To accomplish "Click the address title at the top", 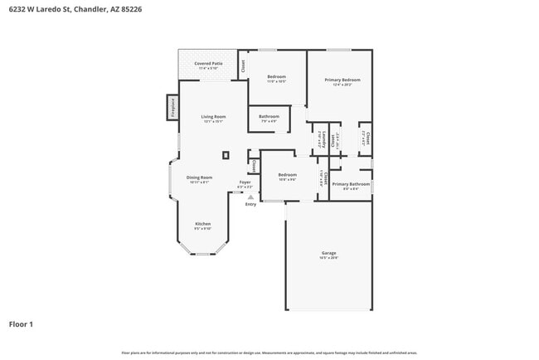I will pyautogui.click(x=65, y=9).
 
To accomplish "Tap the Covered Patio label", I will pyautogui.click(x=208, y=65).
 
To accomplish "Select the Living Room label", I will pyautogui.click(x=213, y=118).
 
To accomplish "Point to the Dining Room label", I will pyautogui.click(x=199, y=178).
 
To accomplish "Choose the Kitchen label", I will pyautogui.click(x=203, y=225).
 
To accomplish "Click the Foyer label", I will pyautogui.click(x=245, y=183).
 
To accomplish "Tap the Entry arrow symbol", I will pyautogui.click(x=250, y=197).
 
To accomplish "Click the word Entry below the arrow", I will pyautogui.click(x=250, y=205).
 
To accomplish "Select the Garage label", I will pyautogui.click(x=328, y=254).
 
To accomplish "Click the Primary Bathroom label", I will pyautogui.click(x=352, y=185).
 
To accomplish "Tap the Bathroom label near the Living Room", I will pyautogui.click(x=269, y=118).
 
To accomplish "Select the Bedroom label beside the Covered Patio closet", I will pyautogui.click(x=276, y=78).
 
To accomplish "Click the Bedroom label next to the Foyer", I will pyautogui.click(x=287, y=176).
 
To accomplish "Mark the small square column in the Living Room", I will pyautogui.click(x=225, y=154).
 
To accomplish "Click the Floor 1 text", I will pyautogui.click(x=21, y=324).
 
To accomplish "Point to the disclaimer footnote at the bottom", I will pyautogui.click(x=269, y=353).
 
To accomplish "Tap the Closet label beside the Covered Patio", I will pyautogui.click(x=242, y=66).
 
